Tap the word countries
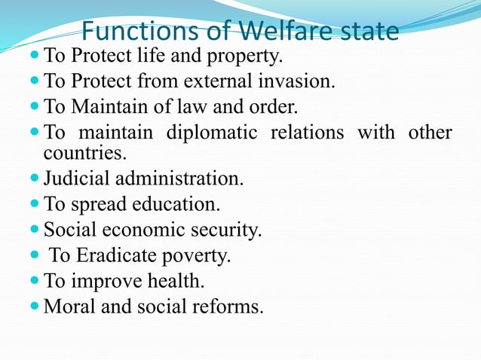[85, 154]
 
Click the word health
[179, 282]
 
